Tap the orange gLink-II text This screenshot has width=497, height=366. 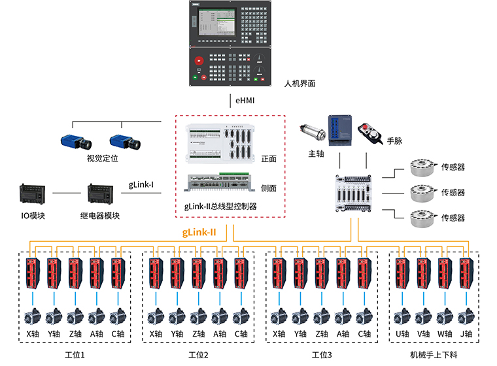point(199,232)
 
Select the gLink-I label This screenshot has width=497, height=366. point(141,184)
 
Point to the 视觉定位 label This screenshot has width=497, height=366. point(102,158)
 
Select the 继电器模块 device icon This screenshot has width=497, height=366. point(101,195)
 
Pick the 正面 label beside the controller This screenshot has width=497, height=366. point(269,159)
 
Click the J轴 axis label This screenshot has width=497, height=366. point(466,335)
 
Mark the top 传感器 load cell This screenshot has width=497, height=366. point(422,168)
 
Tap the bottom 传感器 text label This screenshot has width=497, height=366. point(453,218)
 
